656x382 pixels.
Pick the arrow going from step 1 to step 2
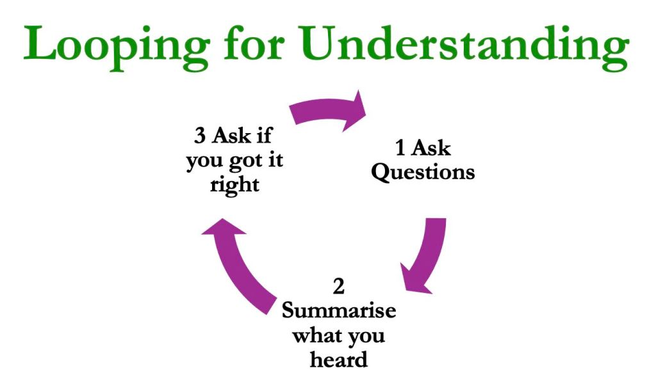(425, 256)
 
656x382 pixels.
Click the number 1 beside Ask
(401, 148)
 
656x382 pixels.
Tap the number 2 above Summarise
(339, 287)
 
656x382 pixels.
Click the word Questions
(423, 172)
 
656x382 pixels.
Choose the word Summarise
(339, 311)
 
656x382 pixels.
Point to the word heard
(339, 359)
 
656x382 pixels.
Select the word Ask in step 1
(430, 148)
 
